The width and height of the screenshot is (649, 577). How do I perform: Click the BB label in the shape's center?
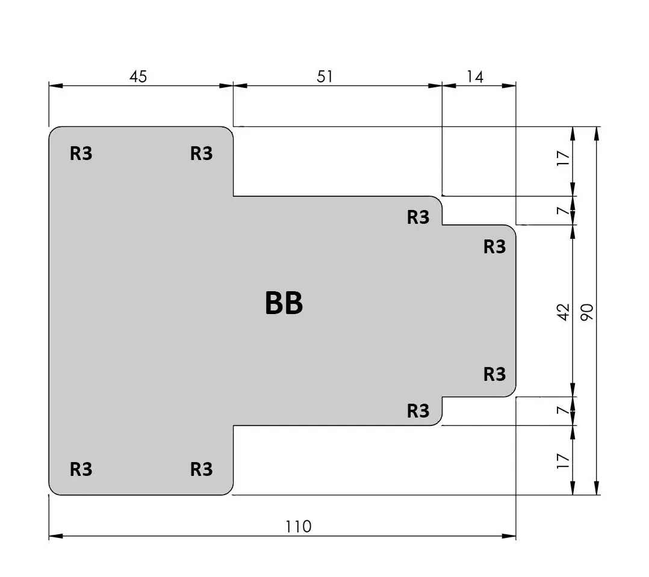click(x=284, y=303)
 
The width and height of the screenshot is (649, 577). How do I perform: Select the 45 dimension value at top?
click(x=138, y=76)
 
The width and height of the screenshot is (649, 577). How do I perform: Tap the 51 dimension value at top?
click(x=325, y=76)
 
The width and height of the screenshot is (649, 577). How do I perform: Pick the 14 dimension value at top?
click(x=475, y=76)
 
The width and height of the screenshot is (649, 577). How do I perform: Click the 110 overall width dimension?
click(x=299, y=526)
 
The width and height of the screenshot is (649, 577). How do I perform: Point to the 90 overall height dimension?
click(x=587, y=312)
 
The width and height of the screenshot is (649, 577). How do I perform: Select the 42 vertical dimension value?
click(x=564, y=312)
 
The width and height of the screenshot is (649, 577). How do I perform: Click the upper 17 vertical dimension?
click(x=564, y=158)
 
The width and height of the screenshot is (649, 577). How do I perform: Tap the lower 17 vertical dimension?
click(x=564, y=461)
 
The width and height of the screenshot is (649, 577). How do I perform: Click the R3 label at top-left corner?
click(x=81, y=153)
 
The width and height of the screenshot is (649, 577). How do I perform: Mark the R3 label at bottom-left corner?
click(x=81, y=469)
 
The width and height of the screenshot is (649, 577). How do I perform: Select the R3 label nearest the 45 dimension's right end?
click(x=202, y=153)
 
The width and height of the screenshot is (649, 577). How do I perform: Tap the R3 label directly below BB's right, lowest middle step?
click(x=418, y=411)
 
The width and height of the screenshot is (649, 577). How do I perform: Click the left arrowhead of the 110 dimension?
click(x=56, y=536)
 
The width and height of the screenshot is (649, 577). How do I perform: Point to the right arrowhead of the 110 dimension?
click(x=509, y=536)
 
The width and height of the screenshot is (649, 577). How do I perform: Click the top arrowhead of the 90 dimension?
click(x=597, y=134)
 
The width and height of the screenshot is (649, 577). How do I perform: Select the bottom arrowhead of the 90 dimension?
click(x=597, y=488)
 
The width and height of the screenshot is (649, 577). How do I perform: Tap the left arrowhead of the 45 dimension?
click(x=56, y=85)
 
